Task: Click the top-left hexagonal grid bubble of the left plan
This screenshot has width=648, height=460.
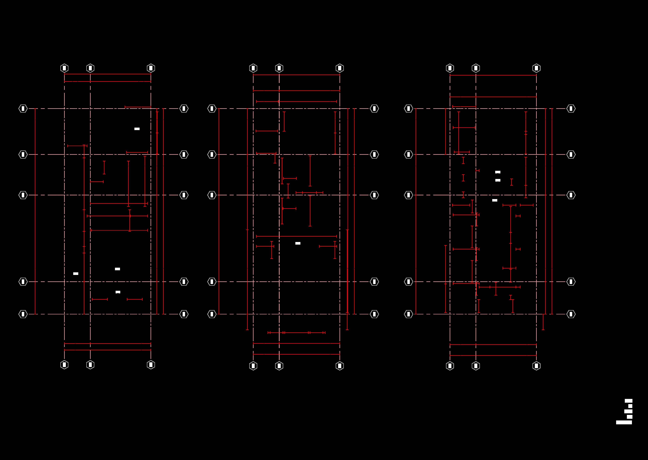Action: coord(64,68)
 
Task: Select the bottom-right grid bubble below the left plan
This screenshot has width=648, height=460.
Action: coord(151,365)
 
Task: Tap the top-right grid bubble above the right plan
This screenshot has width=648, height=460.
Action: coord(536,68)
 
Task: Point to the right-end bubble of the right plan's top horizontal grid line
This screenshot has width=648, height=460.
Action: coord(571,109)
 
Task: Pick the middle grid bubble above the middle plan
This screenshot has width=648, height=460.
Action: coord(279,68)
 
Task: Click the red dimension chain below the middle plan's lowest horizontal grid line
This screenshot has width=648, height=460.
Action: coord(296,333)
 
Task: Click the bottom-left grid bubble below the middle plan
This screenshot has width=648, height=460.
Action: coord(253,366)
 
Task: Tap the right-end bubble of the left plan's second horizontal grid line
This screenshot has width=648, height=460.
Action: coord(184,154)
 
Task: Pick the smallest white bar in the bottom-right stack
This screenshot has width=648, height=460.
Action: coord(630,406)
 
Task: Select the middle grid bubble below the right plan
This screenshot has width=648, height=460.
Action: coord(476,366)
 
